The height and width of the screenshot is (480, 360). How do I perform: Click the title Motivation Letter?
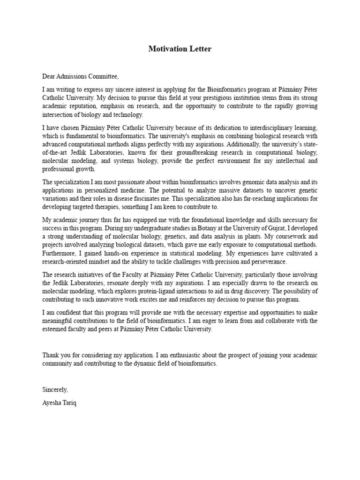[x=180, y=49]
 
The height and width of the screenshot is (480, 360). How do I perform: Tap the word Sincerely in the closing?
[x=55, y=390]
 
